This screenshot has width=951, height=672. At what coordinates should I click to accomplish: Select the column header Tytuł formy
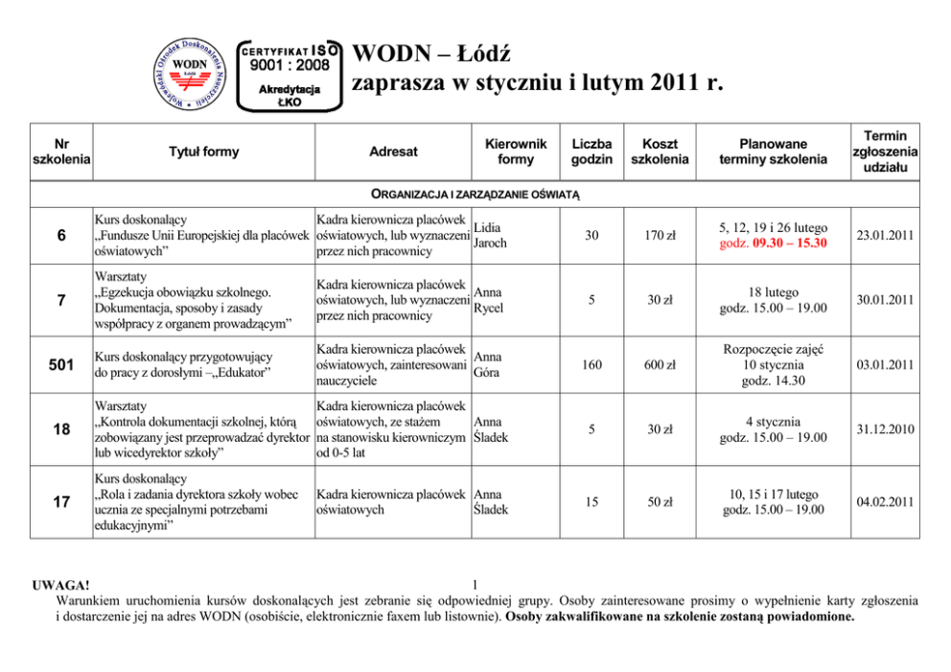204,151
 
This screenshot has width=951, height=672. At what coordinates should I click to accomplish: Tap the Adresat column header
394,151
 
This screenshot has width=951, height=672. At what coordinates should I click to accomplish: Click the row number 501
61,364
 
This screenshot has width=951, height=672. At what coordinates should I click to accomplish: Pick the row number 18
61,429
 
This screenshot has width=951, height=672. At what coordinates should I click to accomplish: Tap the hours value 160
591,364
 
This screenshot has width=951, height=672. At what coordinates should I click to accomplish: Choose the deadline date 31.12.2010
885,429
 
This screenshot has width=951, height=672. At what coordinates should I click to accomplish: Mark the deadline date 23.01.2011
885,235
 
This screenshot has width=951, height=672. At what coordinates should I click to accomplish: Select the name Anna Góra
488,364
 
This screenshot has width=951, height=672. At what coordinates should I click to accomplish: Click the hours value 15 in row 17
591,501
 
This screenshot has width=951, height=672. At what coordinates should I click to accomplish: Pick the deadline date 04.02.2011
885,501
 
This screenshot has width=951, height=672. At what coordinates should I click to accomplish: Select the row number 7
61,300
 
